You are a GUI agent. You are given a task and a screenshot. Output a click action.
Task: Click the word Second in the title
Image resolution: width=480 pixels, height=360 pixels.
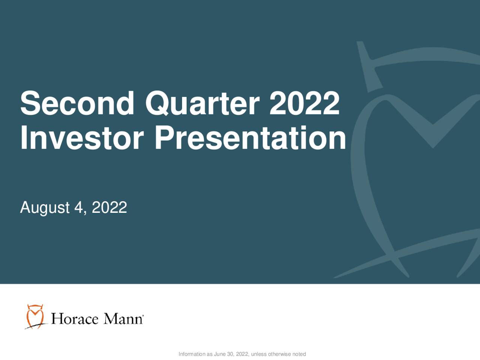pyautogui.click(x=77, y=103)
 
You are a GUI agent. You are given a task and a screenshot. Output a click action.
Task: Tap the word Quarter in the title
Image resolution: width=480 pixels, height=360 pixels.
pyautogui.click(x=202, y=103)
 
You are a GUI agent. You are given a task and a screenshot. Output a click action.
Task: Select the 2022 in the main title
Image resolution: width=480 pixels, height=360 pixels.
pyautogui.click(x=304, y=103)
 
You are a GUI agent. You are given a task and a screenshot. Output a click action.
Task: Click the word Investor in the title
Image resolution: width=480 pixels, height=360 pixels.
pyautogui.click(x=82, y=138)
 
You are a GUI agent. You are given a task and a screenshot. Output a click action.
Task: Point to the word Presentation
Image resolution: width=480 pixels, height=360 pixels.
pyautogui.click(x=250, y=138)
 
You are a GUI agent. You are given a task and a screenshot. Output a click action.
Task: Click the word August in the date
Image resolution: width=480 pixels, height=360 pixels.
pyautogui.click(x=45, y=208)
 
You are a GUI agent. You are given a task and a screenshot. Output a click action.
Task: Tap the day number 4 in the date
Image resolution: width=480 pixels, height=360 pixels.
pyautogui.click(x=78, y=207)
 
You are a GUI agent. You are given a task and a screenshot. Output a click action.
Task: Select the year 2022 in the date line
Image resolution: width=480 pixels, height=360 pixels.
pyautogui.click(x=109, y=207)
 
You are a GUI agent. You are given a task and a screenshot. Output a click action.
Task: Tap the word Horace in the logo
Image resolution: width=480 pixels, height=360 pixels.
pyautogui.click(x=75, y=319)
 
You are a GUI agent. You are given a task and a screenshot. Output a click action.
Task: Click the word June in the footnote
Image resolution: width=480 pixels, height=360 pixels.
pyautogui.click(x=220, y=354)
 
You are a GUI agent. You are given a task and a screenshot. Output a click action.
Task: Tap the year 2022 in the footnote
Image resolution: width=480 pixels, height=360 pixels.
pyautogui.click(x=242, y=354)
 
